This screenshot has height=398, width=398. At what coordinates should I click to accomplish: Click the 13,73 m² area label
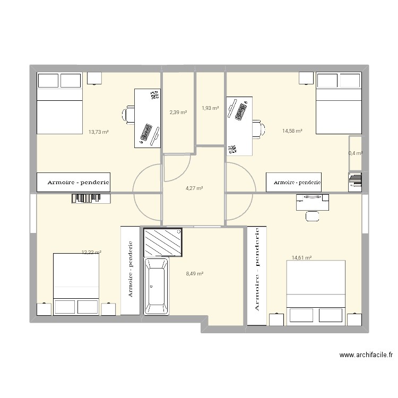coord(99,132)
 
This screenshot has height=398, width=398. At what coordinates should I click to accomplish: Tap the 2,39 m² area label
coord(178,112)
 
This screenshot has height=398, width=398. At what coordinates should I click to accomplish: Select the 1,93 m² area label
coord(210,108)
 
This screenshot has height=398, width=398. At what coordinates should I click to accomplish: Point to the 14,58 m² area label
coord(292,131)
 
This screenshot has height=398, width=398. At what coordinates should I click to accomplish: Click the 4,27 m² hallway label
coord(194,188)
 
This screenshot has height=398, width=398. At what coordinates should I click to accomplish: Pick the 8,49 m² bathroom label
coord(194,274)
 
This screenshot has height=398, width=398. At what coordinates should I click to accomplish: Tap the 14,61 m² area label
coord(301,258)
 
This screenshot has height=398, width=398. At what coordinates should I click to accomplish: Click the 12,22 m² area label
coord(91,253)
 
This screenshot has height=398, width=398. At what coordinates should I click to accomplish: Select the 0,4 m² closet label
coord(355,153)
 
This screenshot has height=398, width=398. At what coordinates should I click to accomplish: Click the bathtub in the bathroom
coord(156,287)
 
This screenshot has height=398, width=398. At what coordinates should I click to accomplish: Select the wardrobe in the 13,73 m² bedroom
coord(73,182)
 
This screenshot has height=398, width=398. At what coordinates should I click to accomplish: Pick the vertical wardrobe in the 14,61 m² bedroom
coord(257,275)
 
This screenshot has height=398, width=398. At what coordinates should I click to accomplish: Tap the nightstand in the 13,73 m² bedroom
coord(94,78)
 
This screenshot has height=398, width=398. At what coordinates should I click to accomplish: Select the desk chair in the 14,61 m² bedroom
coord(312,215)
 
